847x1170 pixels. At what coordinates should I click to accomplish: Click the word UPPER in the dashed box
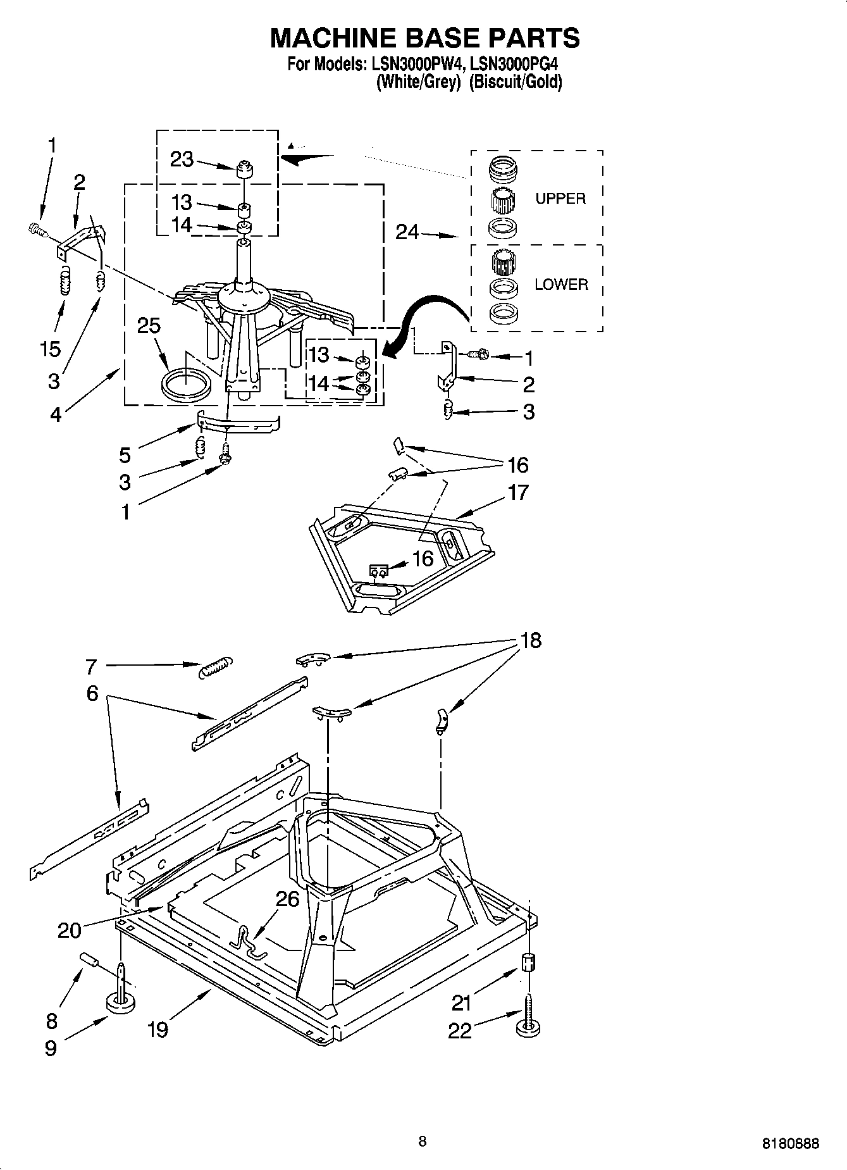[560, 199]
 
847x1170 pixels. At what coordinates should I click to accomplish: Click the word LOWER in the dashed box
[561, 285]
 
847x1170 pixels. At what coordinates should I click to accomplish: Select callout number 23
[182, 159]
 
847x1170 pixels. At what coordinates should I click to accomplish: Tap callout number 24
[407, 232]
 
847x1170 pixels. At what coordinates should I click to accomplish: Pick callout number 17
[517, 492]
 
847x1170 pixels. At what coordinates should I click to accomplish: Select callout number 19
[158, 1030]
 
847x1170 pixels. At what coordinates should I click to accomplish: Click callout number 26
[288, 899]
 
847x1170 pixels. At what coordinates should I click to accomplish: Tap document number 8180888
[790, 1143]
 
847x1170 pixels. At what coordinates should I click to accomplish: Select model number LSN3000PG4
[516, 65]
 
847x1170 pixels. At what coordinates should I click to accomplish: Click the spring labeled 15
[63, 282]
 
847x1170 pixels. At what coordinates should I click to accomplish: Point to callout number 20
[70, 930]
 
